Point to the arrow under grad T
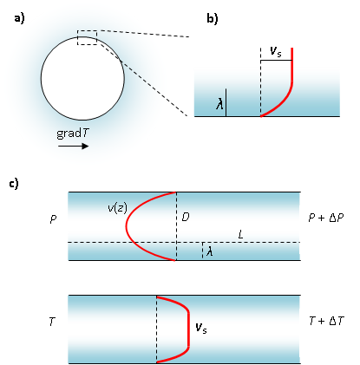(73, 147)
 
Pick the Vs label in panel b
(275, 53)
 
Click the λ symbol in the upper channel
(208, 251)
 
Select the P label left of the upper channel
(54, 222)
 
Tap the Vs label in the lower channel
(201, 328)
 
